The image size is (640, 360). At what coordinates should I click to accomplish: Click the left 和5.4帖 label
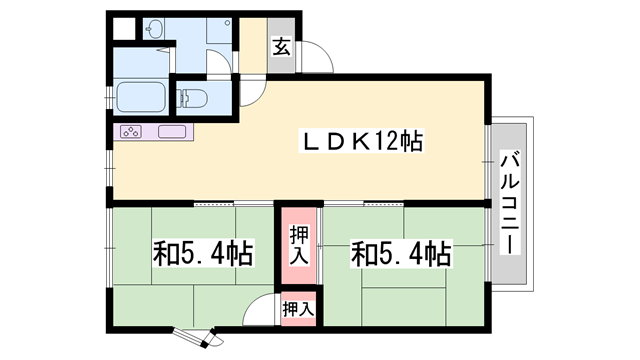tap(202, 254)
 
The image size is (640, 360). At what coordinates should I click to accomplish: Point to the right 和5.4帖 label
tap(400, 254)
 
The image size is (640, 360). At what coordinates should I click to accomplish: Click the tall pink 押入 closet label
tap(298, 246)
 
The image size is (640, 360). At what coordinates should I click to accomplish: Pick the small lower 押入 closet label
tap(297, 309)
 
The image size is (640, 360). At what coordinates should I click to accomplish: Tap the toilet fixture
tap(193, 98)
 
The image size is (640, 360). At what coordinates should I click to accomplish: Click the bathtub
tap(142, 98)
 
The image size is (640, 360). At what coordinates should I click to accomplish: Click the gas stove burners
tap(133, 132)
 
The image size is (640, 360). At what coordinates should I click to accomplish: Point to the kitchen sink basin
tap(172, 132)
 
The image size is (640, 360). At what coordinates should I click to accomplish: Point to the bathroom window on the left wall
tap(109, 99)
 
